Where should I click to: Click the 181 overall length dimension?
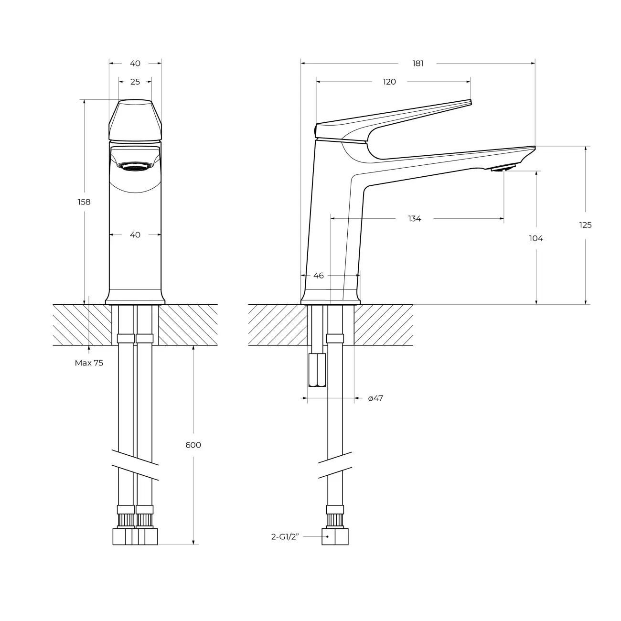[418, 63]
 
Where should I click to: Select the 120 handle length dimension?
[389, 82]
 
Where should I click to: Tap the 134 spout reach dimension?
[414, 218]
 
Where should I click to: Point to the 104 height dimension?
[536, 238]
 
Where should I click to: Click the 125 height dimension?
[585, 225]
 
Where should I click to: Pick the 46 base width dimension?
[319, 276]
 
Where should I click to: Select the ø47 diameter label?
[375, 398]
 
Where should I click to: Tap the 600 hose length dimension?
[193, 445]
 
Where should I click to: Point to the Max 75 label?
[89, 363]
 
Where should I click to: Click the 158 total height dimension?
[84, 202]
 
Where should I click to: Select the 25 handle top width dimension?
[135, 82]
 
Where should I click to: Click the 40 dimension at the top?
[135, 63]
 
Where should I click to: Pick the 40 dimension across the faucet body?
[135, 235]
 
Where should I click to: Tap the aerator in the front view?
[135, 166]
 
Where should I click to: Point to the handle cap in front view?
[135, 119]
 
